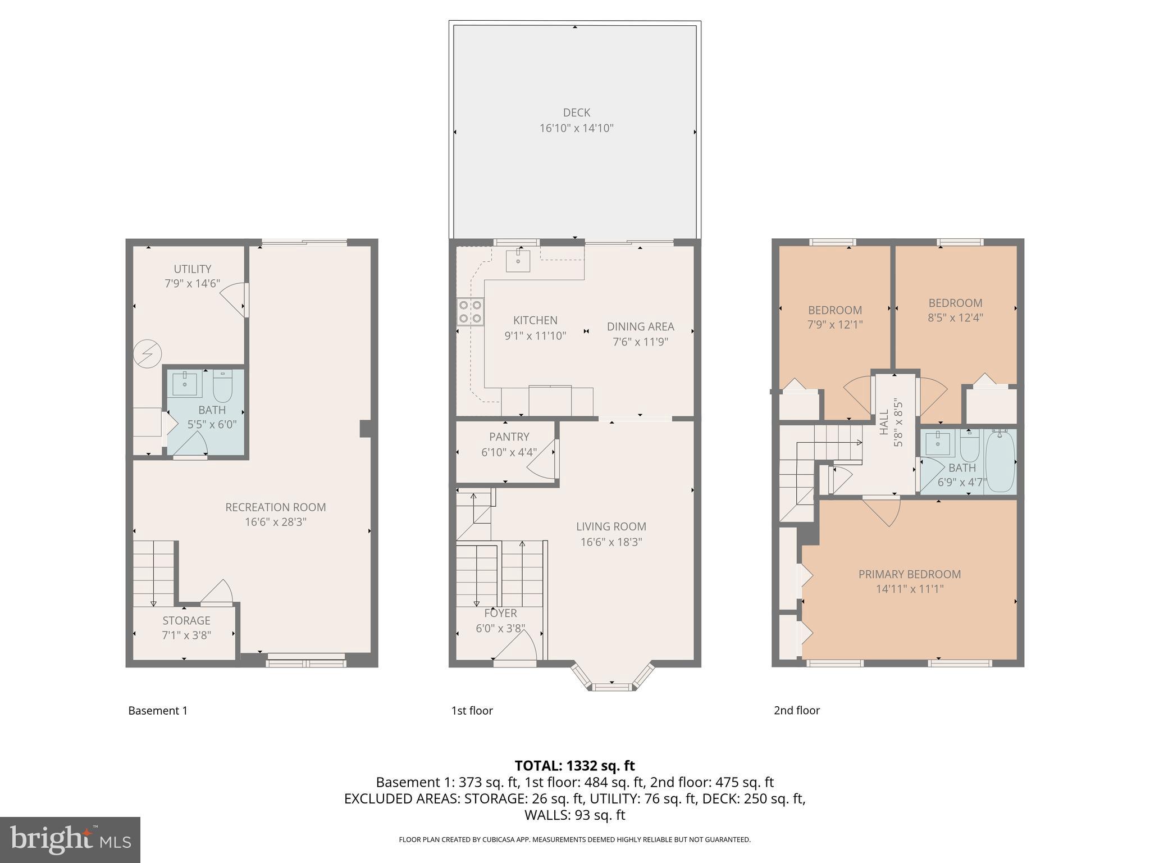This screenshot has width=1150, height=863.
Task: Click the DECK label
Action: click(x=576, y=113)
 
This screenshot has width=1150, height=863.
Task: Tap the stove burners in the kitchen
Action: click(x=470, y=312)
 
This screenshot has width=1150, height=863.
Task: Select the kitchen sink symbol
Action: click(x=518, y=260)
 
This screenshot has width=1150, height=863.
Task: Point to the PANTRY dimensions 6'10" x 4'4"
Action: click(x=509, y=452)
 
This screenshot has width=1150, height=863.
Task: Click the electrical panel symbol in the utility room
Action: click(x=148, y=354)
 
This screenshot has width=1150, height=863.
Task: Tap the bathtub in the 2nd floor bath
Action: click(x=1001, y=461)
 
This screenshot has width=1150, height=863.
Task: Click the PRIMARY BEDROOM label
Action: click(x=909, y=574)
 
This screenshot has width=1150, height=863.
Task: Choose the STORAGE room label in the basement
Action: click(x=186, y=620)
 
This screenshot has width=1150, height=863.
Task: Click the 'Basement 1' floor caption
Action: click(x=158, y=710)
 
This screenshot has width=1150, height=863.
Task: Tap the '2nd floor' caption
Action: click(x=796, y=710)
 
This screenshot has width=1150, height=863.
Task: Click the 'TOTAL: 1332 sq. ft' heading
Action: click(x=574, y=765)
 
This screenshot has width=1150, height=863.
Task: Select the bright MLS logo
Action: click(x=70, y=839)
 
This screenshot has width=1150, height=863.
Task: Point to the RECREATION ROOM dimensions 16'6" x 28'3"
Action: click(x=275, y=522)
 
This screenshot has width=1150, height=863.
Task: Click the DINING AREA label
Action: click(x=640, y=326)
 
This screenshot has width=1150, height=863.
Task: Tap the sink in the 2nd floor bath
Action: click(x=937, y=443)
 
